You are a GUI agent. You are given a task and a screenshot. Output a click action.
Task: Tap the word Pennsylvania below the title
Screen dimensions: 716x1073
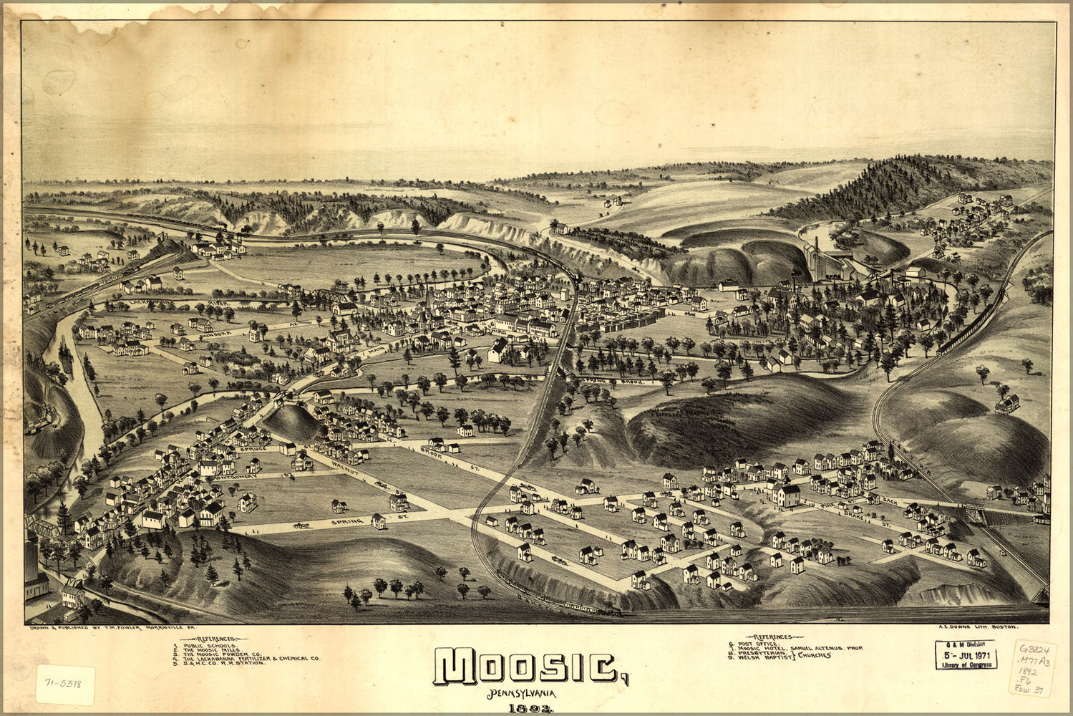coord(523,694)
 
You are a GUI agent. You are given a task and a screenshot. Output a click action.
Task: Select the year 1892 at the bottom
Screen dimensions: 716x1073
coord(526,709)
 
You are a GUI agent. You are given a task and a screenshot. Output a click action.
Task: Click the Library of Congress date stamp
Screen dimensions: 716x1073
coord(966,654)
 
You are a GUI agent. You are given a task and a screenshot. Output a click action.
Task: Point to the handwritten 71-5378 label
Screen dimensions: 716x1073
coord(65,684)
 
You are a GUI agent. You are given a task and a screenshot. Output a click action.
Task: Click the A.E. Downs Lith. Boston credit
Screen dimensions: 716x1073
coord(977,628)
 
